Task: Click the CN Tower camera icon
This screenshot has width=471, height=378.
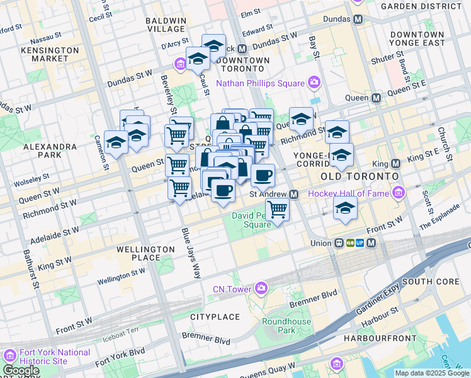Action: [261, 289]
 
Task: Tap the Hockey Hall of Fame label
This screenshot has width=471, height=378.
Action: [348, 193]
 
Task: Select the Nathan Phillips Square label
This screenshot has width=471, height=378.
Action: [261, 83]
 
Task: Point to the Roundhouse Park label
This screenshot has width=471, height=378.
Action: [287, 326]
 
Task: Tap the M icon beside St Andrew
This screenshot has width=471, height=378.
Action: [294, 194]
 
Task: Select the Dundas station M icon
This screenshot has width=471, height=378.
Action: [358, 20]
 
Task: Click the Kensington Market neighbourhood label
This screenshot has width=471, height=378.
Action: [44, 54]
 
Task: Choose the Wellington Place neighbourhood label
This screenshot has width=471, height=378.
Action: [145, 253]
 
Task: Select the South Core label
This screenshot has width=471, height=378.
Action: [425, 281]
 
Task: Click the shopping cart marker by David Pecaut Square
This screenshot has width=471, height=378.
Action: [277, 210]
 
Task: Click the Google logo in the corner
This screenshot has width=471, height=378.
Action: [21, 370]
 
